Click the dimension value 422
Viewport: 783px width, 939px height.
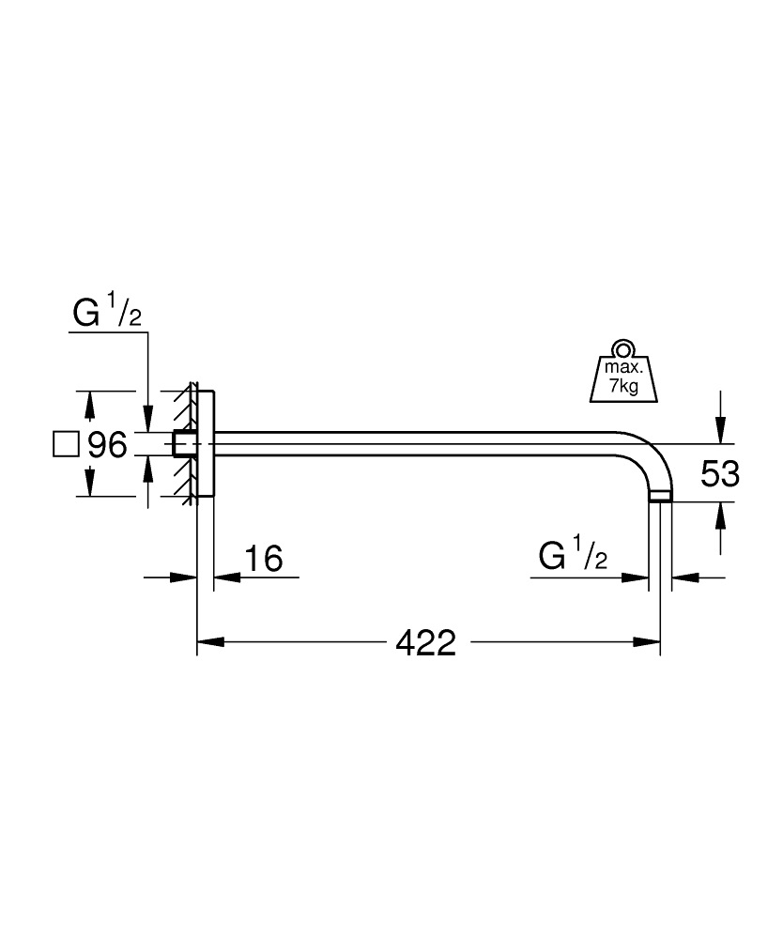[425, 643]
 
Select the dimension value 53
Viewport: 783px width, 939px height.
[720, 473]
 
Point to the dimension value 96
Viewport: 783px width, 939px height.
[106, 444]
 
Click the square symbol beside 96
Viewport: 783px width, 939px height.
[65, 444]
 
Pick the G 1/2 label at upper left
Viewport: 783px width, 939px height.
[106, 316]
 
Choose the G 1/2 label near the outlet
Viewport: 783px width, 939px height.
[573, 558]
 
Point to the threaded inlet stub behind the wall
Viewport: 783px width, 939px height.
[184, 443]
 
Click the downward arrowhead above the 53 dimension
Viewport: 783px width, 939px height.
[720, 431]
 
